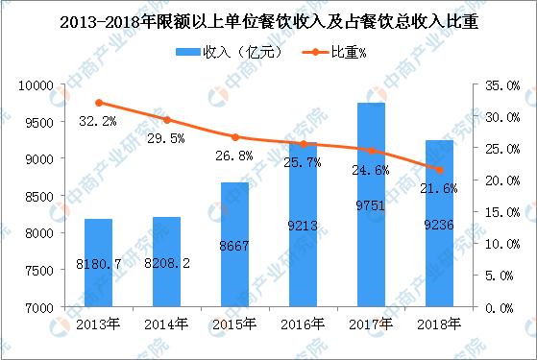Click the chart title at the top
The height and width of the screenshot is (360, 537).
(x=268, y=16)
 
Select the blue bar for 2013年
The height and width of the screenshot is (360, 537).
(x=99, y=263)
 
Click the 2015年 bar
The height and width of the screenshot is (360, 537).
(x=235, y=245)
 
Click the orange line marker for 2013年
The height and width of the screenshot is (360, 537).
(x=99, y=103)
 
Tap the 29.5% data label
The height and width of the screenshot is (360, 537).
(x=168, y=138)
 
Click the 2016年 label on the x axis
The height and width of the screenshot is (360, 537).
(x=305, y=324)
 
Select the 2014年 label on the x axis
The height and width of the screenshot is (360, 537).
(x=168, y=324)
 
